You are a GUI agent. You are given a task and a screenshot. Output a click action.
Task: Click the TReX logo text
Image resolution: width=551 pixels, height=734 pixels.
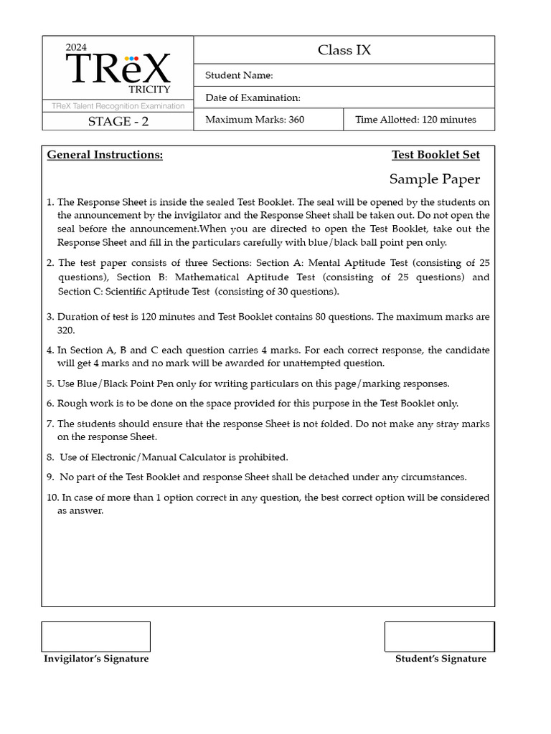pos(118,69)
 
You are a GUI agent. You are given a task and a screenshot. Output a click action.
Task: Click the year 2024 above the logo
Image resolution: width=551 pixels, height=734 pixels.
pos(76,47)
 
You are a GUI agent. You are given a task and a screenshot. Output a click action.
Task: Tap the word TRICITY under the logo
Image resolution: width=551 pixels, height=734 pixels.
pos(149,90)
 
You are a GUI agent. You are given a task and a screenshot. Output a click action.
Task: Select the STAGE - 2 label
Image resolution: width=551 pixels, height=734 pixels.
pos(118,121)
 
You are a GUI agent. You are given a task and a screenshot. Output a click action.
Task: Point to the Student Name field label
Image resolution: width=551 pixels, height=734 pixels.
pos(239,75)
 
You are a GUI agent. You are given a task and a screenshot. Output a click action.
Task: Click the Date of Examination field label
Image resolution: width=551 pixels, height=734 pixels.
pos(253,97)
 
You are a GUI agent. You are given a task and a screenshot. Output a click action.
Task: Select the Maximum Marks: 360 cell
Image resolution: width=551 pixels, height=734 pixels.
pos(255,120)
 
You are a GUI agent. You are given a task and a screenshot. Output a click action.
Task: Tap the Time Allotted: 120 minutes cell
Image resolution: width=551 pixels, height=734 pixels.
pos(415,120)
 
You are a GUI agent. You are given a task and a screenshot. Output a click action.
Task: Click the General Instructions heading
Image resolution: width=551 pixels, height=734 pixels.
pos(105,155)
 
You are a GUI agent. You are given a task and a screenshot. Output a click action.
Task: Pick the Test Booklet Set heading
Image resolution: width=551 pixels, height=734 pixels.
pos(435,155)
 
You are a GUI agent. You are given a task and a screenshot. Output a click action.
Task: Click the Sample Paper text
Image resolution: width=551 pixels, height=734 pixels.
pos(435,179)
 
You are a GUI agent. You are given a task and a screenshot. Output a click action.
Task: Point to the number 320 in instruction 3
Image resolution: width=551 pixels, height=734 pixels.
pos(66,330)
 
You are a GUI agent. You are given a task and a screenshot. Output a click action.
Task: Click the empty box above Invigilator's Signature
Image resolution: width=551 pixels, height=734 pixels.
pos(96,637)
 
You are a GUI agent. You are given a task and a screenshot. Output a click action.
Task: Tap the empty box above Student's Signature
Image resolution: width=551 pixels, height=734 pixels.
pos(439,637)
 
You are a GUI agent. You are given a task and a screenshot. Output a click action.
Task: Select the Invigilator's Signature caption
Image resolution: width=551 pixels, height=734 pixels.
pos(96,659)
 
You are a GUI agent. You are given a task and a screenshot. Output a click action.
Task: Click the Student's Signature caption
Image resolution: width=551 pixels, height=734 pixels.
pos(441,659)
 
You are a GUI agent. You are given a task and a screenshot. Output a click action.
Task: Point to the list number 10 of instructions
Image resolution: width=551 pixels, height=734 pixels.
pos(52,497)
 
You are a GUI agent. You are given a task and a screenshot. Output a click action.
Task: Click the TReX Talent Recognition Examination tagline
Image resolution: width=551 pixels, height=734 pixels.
pos(118,106)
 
